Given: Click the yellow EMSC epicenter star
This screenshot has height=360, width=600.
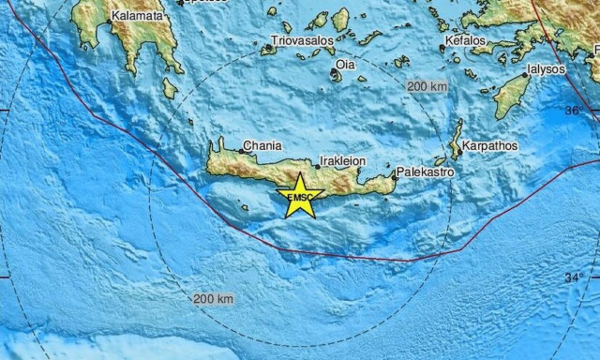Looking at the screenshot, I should [300, 196].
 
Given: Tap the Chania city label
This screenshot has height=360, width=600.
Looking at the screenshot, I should [262, 146].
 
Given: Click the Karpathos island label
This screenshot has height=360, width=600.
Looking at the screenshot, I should [493, 146].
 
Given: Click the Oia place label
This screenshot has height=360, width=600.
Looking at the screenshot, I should [345, 65].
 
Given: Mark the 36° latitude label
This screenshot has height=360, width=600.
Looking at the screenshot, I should [573, 110].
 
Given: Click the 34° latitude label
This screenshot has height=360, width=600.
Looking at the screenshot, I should [574, 277].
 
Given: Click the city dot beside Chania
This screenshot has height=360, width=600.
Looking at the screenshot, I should [241, 150].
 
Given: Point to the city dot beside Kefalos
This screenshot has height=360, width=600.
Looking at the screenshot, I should [443, 47].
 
